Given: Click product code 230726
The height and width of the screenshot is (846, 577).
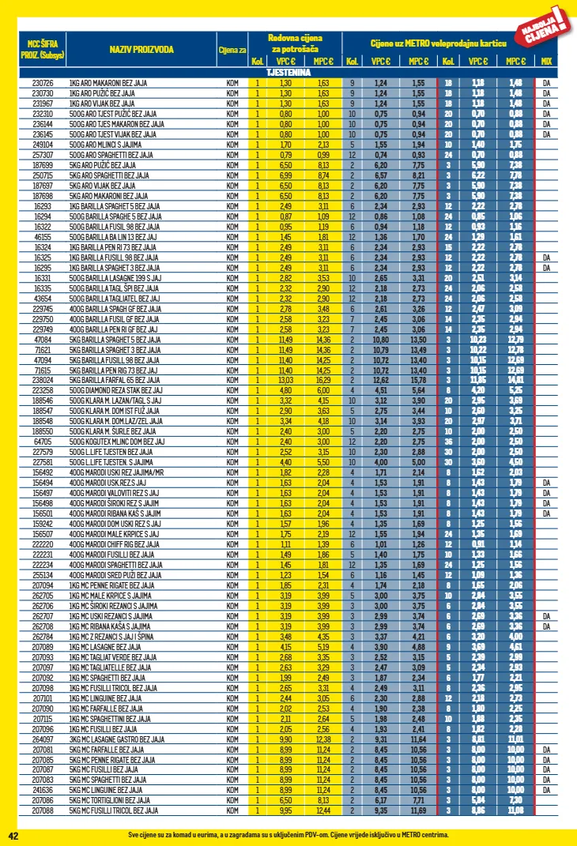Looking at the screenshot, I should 43,83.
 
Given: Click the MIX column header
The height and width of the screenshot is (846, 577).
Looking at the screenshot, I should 546,62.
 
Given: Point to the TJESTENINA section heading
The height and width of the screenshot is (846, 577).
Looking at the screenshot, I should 288,72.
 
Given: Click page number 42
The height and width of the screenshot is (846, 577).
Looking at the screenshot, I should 13,835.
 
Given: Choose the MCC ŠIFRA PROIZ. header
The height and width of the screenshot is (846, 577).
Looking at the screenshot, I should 43,50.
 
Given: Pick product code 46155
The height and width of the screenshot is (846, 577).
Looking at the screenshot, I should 43,236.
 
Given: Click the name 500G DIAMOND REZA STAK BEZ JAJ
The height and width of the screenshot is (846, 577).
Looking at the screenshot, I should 115,390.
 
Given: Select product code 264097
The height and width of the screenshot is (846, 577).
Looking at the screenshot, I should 43,739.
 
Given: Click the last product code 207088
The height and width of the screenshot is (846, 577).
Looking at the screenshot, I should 43,810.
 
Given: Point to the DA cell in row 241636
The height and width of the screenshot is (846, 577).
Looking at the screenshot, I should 546,790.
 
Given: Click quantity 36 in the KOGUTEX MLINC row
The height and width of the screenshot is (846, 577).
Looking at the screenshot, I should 448,442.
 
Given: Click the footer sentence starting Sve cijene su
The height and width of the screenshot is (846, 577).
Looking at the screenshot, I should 288,835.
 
